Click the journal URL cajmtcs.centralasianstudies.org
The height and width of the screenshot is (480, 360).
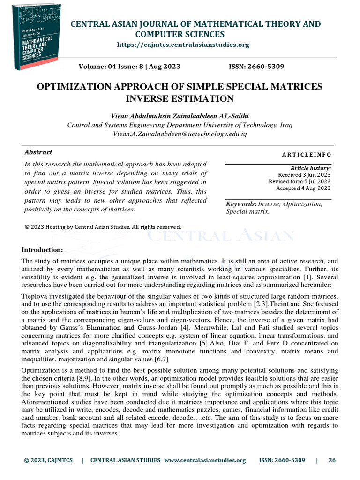[183, 45]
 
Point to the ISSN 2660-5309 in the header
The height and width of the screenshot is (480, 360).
[256, 67]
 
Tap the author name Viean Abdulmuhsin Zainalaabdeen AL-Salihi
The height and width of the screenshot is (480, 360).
[180, 115]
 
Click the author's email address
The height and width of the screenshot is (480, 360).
[180, 134]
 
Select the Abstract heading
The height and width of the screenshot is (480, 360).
[38, 152]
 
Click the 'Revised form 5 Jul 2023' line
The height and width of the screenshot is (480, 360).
[300, 181]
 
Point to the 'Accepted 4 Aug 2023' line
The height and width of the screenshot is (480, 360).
[303, 188]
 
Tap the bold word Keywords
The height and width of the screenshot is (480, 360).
[241, 204]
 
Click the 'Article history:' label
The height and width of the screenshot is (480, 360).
[310, 168]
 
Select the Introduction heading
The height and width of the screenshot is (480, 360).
[42, 249]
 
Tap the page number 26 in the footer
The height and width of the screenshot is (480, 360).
[332, 460]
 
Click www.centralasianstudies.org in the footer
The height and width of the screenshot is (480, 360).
[205, 460]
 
